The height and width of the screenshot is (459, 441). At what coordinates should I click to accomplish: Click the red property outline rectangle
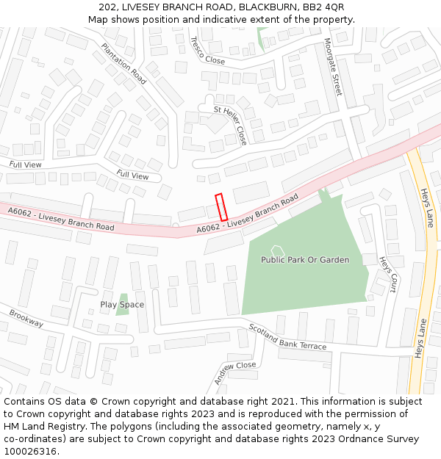tap(220, 206)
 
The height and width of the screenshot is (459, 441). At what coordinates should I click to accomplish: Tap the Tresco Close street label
tap(207, 51)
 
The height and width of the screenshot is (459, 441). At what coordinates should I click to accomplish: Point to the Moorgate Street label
tap(333, 67)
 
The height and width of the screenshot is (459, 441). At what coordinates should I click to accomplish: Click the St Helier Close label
tap(230, 124)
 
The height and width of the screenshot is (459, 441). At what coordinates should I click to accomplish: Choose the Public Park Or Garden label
tap(305, 260)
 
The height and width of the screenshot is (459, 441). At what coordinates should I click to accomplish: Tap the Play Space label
tap(122, 305)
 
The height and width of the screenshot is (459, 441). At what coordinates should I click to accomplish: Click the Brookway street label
tap(26, 318)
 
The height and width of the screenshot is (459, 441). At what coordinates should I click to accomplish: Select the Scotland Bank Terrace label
tap(287, 336)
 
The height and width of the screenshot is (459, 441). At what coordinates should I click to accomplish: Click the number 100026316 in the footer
tap(31, 451)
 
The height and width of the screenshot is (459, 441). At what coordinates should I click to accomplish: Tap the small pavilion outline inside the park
tap(277, 251)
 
